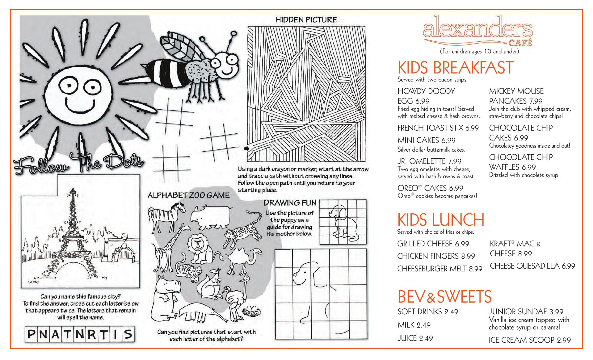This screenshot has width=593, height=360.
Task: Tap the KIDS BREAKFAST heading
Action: click(455, 68)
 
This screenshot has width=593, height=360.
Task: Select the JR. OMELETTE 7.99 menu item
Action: click(429, 161)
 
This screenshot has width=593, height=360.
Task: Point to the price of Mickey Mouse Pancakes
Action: click(536, 101)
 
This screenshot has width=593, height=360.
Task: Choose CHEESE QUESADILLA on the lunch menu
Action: click(532, 266)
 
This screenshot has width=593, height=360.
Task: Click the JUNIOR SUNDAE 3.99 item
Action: click(526, 312)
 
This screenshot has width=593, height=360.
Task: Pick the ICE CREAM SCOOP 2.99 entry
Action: click(529, 340)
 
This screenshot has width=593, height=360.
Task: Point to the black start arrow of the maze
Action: click(246, 149)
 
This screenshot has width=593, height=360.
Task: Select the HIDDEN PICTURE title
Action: click(306, 20)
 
